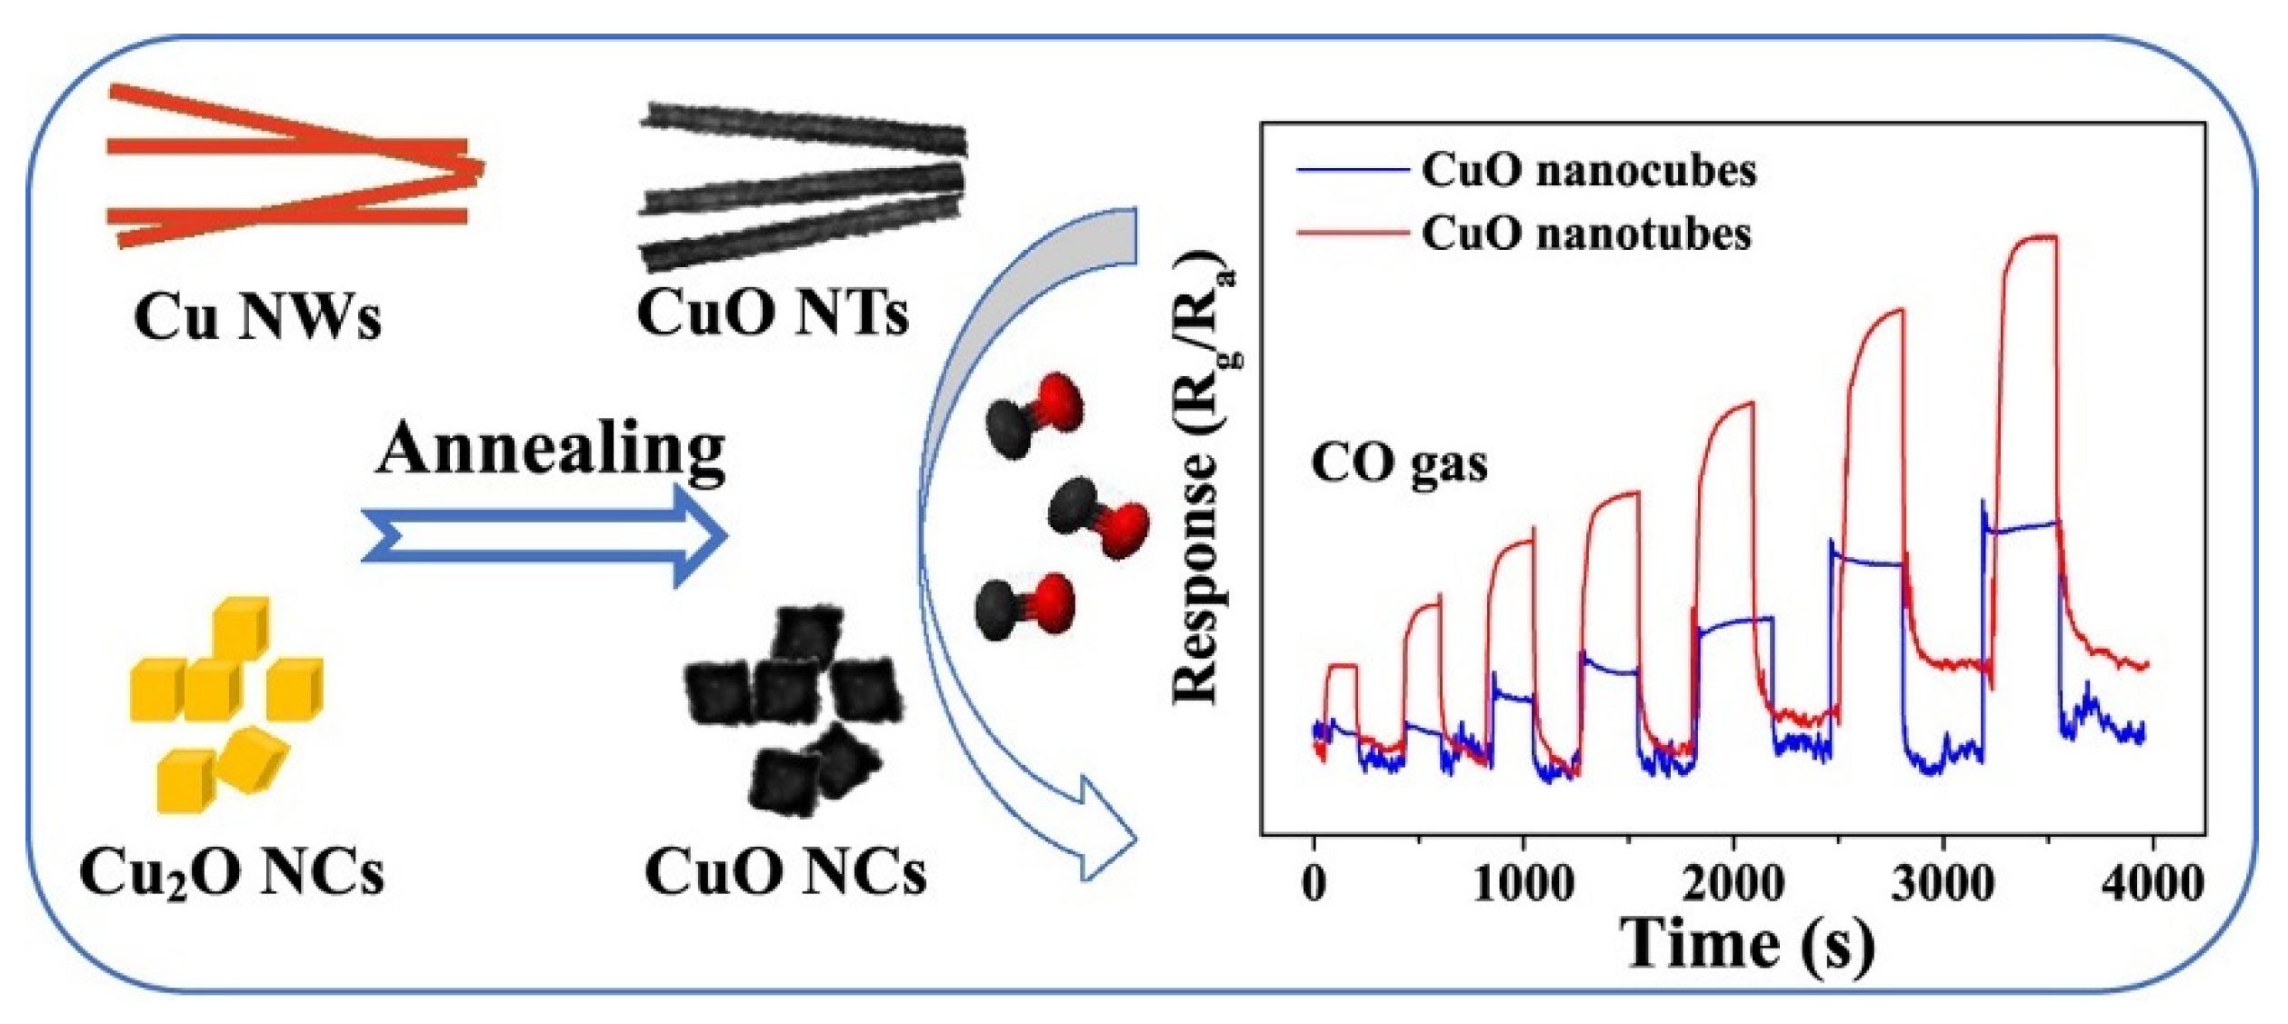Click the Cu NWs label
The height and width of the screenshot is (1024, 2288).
(x=257, y=317)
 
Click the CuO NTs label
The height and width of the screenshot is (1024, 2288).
(x=773, y=313)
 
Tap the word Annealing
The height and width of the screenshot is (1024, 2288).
(x=551, y=449)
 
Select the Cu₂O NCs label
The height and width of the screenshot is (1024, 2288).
(x=232, y=873)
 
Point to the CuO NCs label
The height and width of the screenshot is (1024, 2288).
(x=785, y=873)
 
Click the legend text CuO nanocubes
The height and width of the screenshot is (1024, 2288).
(x=1588, y=171)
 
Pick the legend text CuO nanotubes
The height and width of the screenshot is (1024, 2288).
(x=1586, y=234)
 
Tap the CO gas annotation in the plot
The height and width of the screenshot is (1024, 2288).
(x=1399, y=463)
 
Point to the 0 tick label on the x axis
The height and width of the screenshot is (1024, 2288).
(x=1314, y=883)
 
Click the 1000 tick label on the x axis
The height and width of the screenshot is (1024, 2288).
(x=1524, y=883)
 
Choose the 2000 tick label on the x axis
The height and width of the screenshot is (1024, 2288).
(x=1733, y=883)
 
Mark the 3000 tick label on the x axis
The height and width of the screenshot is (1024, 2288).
(x=1943, y=883)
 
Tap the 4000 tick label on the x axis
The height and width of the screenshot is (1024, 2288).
(x=2152, y=883)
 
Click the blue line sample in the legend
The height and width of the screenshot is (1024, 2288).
(x=1352, y=171)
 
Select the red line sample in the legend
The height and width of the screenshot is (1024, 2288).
(x=1352, y=234)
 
